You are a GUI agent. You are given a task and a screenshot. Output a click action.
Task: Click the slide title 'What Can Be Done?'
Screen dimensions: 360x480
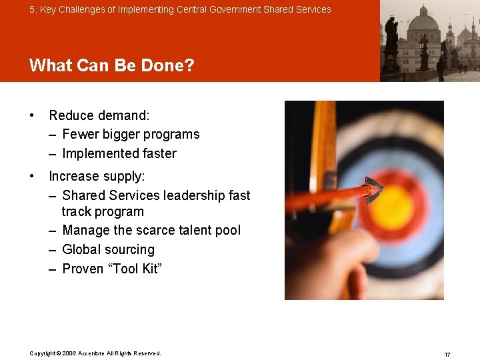tap(111, 65)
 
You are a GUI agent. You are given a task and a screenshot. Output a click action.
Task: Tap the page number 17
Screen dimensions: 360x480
tap(447, 354)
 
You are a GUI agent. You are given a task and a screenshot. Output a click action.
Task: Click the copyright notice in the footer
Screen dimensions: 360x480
tap(95, 353)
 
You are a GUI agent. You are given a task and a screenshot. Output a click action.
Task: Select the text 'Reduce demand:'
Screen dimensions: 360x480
tap(99, 115)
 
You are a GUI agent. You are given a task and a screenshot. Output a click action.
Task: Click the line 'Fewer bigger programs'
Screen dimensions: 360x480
tap(131, 134)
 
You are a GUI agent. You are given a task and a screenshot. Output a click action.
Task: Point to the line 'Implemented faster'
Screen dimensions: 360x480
tap(119, 153)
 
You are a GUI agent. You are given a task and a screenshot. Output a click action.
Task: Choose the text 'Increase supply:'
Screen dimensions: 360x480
tap(97, 176)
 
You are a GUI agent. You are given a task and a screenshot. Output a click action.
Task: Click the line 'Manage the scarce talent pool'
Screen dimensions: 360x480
tap(151, 230)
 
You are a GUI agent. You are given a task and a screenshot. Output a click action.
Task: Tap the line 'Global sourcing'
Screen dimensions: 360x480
tap(108, 249)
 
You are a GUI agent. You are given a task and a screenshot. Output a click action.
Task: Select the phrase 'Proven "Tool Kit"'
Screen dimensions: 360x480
tap(112, 269)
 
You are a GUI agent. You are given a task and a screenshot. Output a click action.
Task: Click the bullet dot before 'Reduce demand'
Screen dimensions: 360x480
tap(32, 115)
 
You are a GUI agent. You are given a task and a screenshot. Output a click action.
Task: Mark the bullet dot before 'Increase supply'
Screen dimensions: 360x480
tap(32, 176)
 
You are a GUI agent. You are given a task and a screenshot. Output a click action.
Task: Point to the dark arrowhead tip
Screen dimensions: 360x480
tap(373, 189)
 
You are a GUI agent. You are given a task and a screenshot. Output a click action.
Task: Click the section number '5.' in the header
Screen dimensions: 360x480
tap(33, 9)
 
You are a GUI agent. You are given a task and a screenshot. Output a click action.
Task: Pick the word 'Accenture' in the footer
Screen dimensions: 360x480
tap(92, 353)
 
